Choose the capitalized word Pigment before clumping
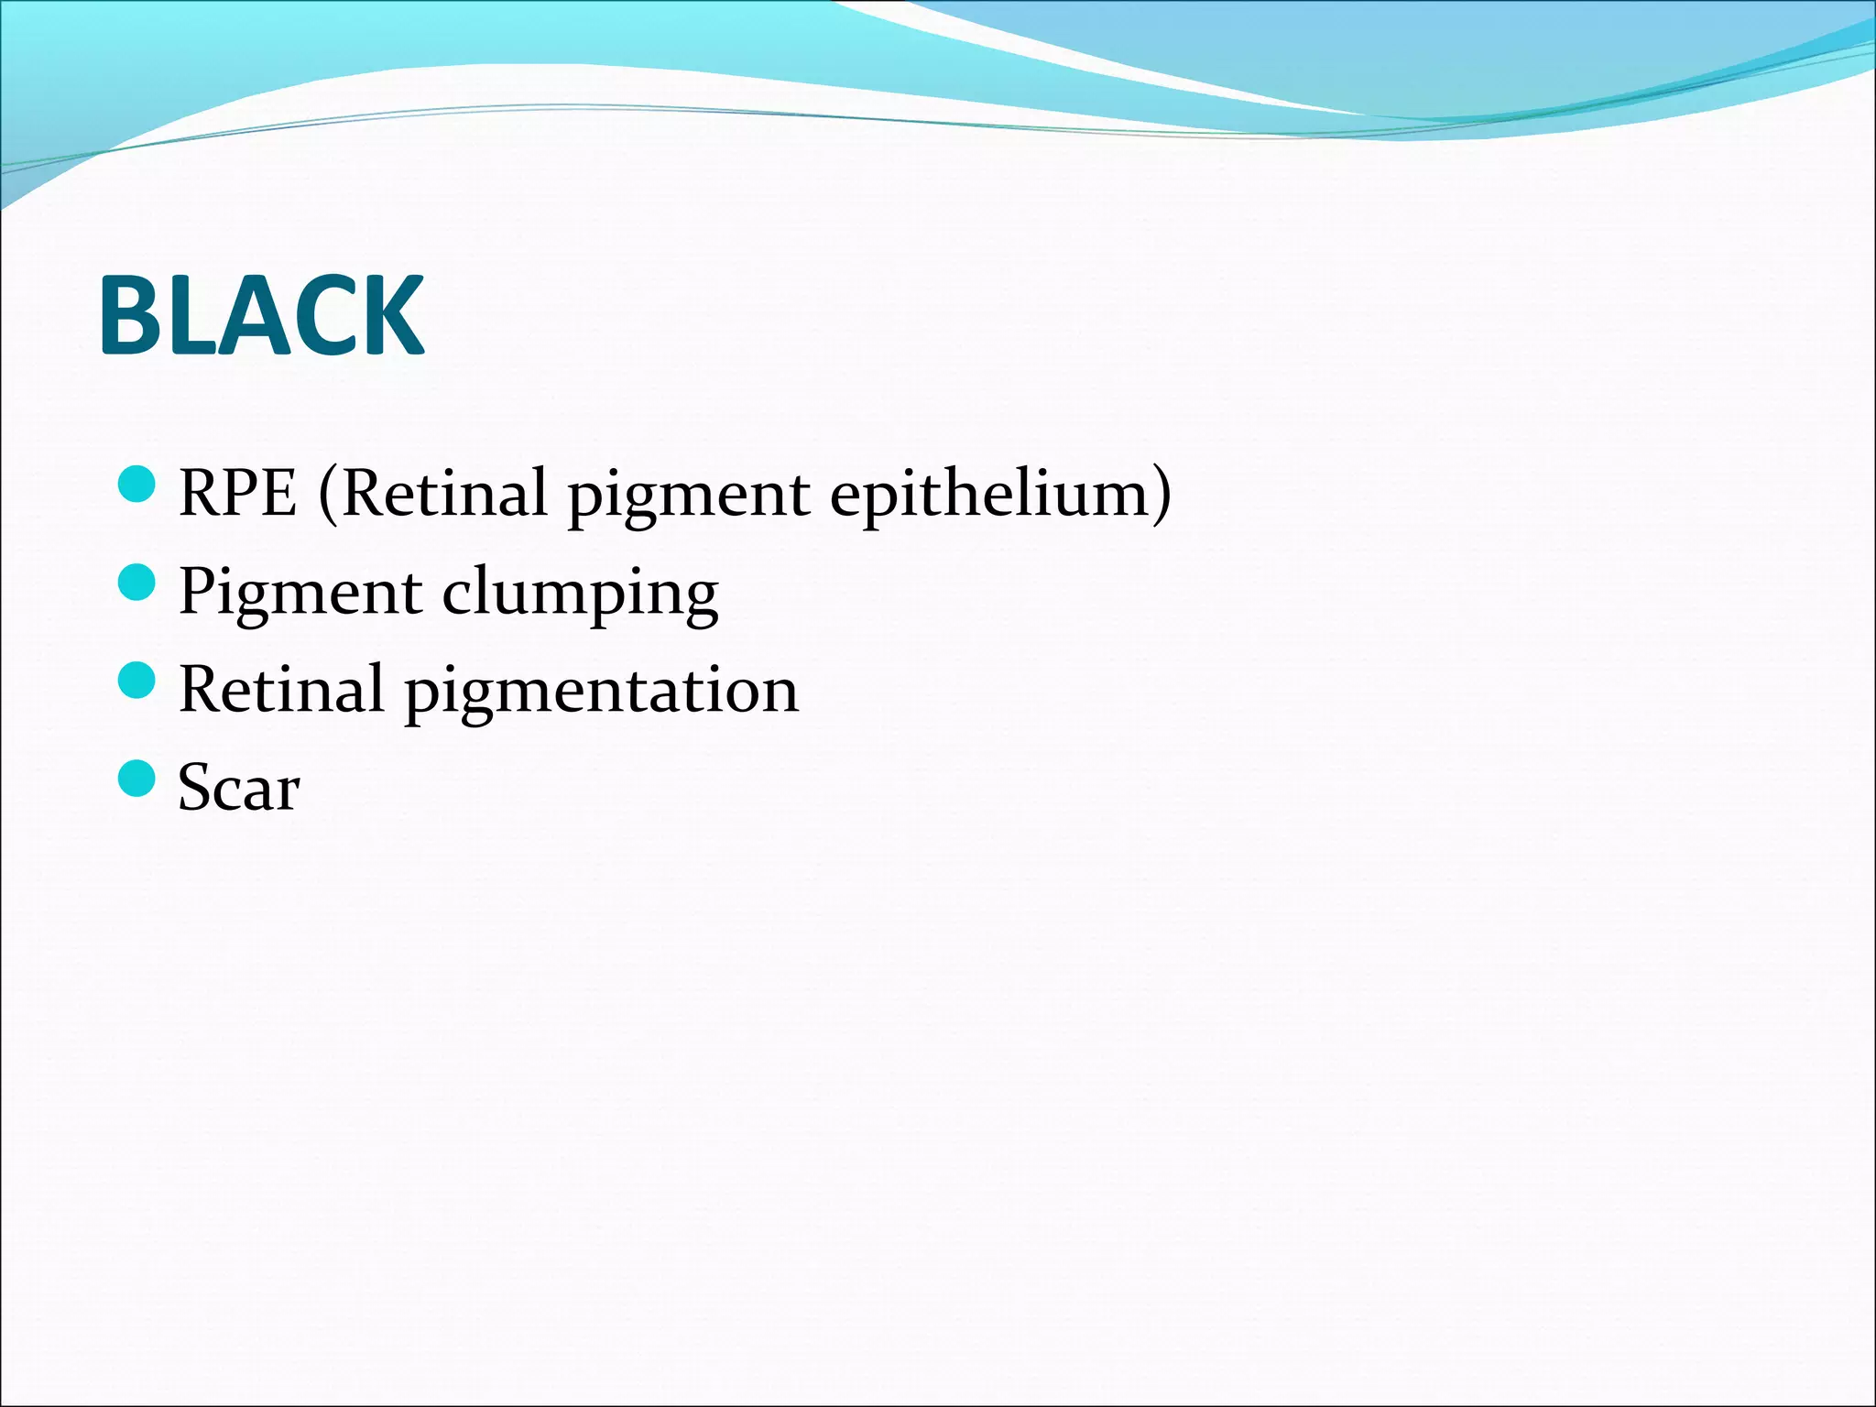pyautogui.click(x=300, y=594)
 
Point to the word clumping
pyautogui.click(x=580, y=595)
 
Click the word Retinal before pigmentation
pyautogui.click(x=281, y=689)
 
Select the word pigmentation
pyautogui.click(x=602, y=693)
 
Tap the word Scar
pyautogui.click(x=238, y=788)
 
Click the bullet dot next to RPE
pyautogui.click(x=137, y=484)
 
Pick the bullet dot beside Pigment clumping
pyautogui.click(x=137, y=582)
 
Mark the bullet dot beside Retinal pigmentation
pyautogui.click(x=137, y=680)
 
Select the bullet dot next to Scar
pyautogui.click(x=137, y=778)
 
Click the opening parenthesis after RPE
pyautogui.click(x=328, y=496)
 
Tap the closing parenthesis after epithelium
pyautogui.click(x=1162, y=496)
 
